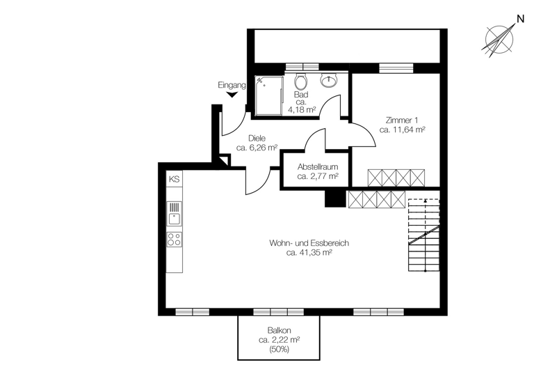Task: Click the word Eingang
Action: [x=232, y=85]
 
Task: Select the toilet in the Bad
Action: [x=301, y=80]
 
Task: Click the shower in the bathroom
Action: [x=268, y=95]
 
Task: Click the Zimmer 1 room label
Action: [x=403, y=119]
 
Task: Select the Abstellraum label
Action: [x=317, y=167]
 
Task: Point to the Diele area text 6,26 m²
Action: [x=257, y=148]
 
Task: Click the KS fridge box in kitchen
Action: [x=174, y=180]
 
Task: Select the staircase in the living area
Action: [x=423, y=235]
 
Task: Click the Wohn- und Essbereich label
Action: [x=308, y=243]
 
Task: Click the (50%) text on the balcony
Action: [x=279, y=349]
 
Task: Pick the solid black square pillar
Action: [x=335, y=198]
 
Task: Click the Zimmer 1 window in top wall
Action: [x=394, y=68]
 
